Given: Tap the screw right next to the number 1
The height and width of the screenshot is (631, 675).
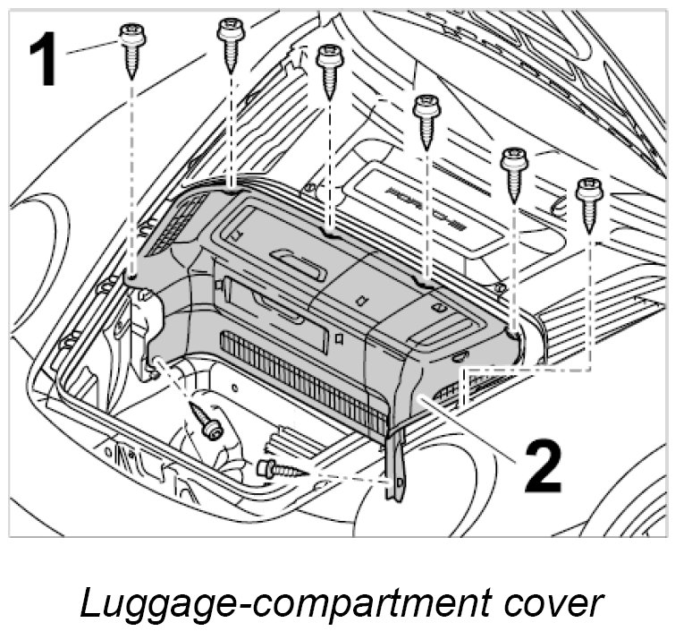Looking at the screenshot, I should (x=131, y=49).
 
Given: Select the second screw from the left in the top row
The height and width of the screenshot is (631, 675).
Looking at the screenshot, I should (x=231, y=41).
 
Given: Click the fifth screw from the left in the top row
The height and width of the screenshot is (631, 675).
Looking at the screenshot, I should (x=514, y=173).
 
